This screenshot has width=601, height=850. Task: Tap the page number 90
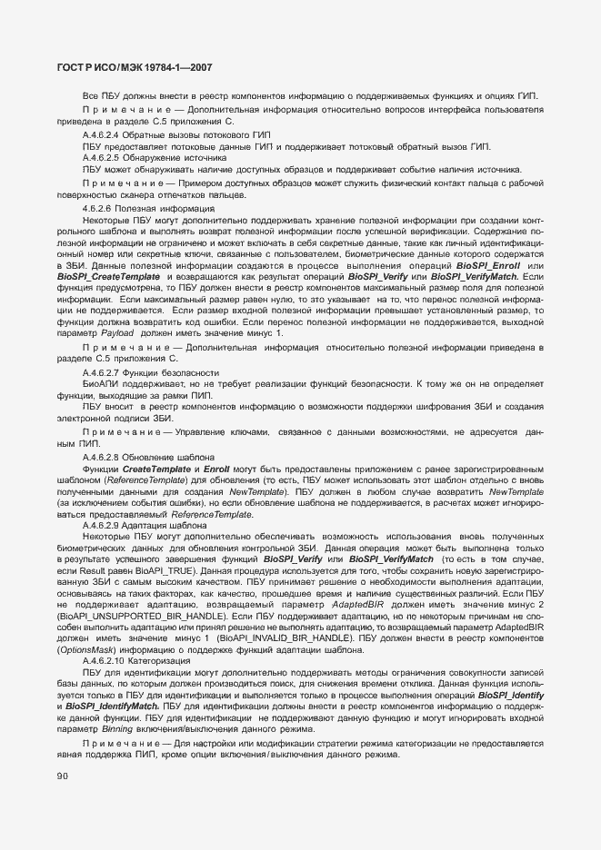tap(63, 776)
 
